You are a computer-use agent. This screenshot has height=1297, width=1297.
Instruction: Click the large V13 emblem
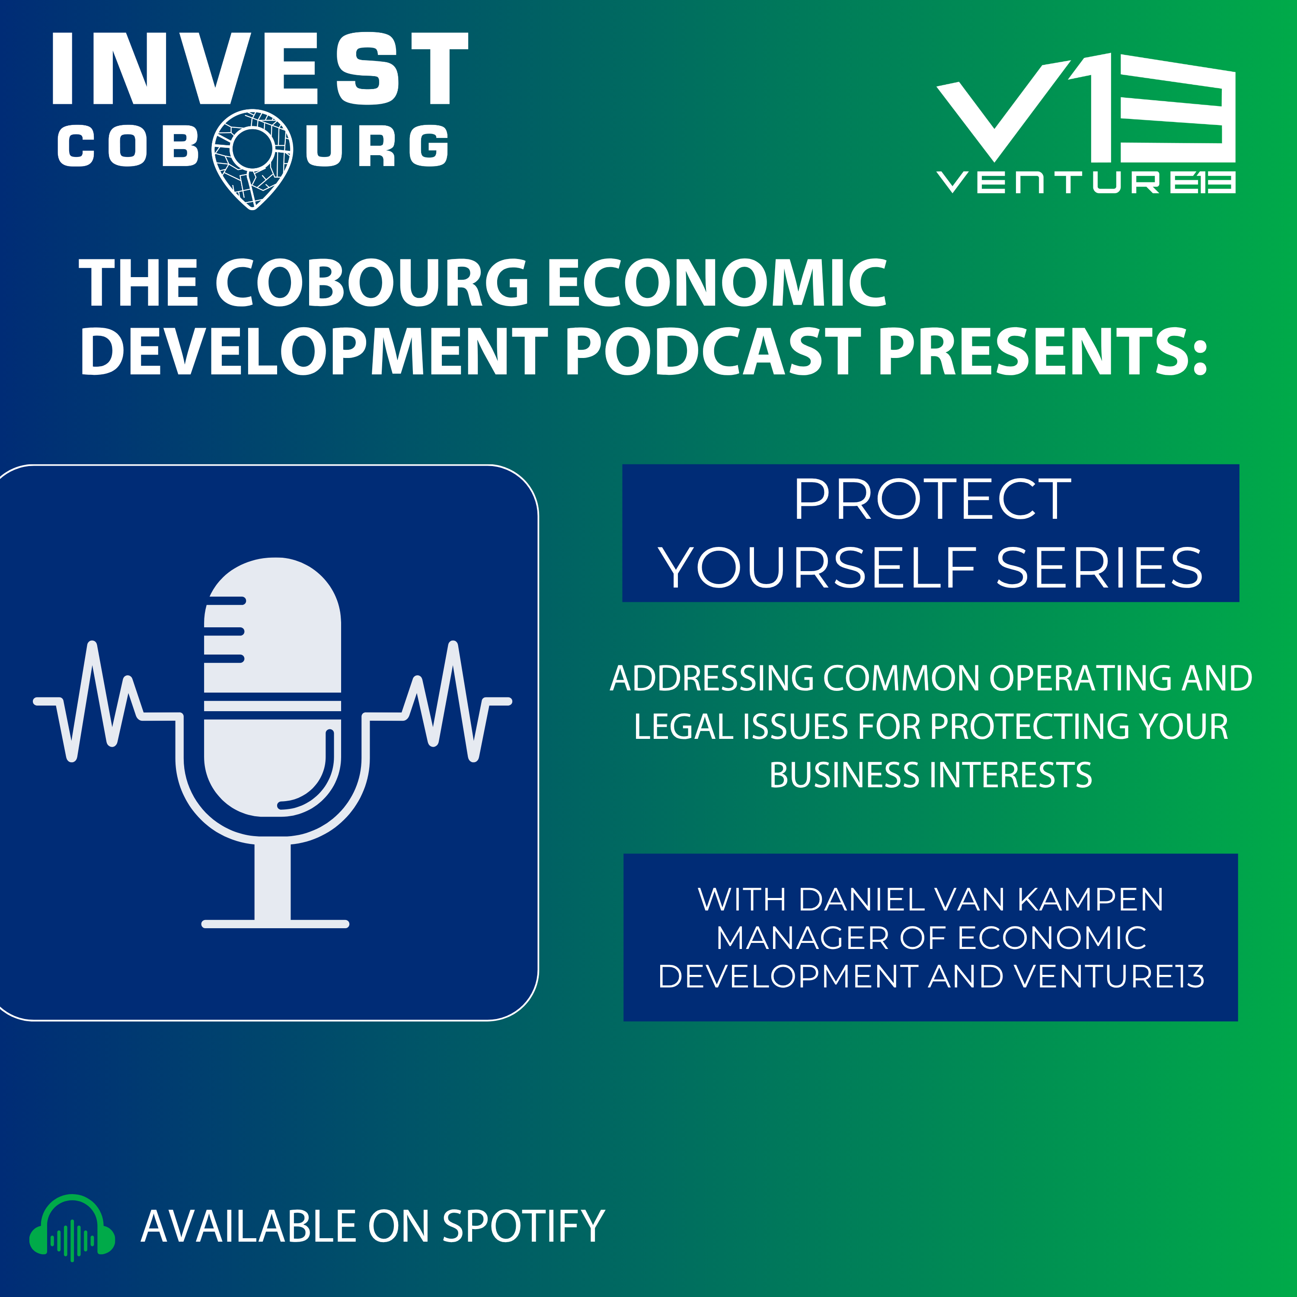coord(1086,107)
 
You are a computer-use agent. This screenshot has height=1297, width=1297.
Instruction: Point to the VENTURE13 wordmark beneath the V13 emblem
coord(1086,182)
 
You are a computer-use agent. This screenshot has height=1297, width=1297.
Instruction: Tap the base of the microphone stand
coord(275,924)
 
